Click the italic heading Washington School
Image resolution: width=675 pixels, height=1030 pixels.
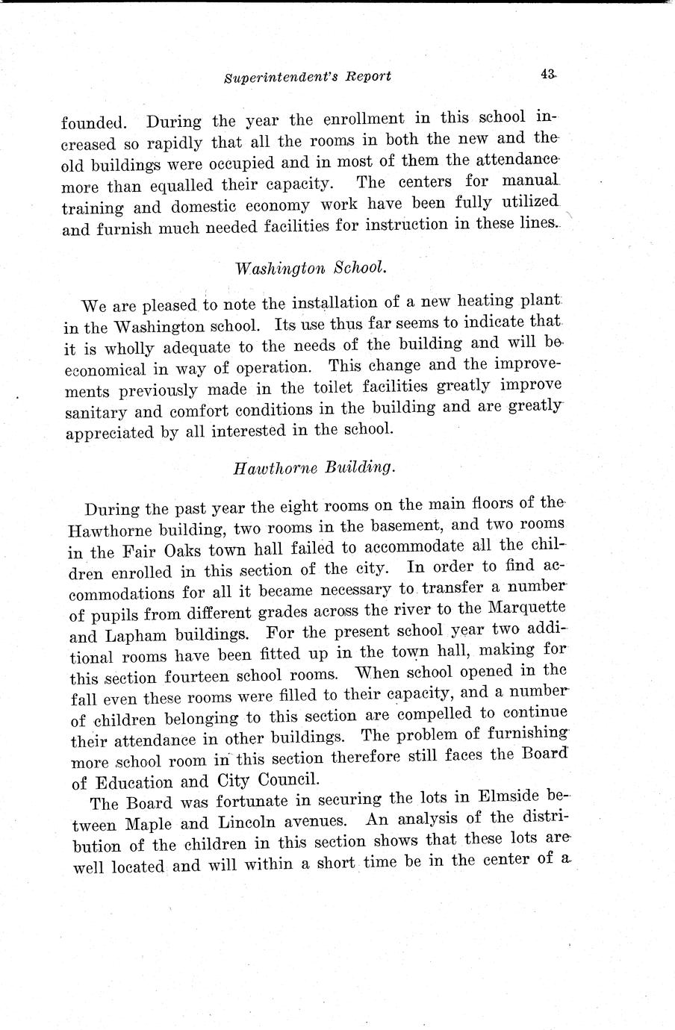click(311, 267)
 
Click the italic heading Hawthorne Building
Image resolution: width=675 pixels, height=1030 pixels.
click(313, 467)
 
